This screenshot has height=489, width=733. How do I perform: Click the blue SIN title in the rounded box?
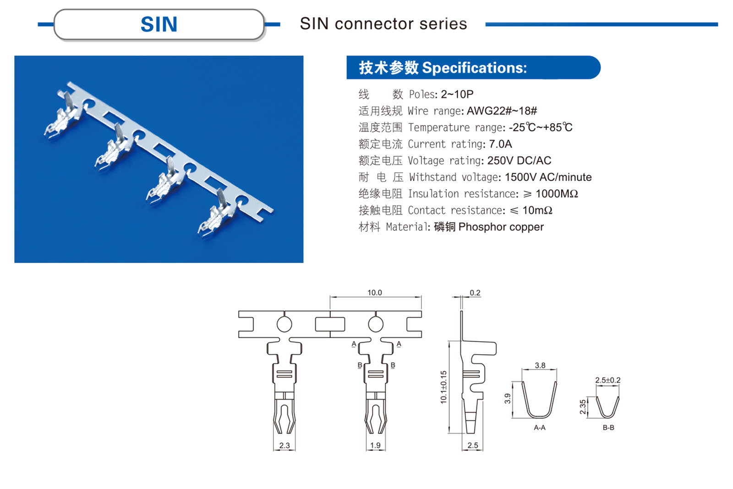159,24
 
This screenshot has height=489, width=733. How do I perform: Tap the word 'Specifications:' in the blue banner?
474,68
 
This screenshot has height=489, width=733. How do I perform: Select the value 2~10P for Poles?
457,94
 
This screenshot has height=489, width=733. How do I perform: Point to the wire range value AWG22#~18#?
502,111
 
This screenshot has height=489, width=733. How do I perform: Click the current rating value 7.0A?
500,144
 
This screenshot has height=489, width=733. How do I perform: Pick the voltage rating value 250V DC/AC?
519,160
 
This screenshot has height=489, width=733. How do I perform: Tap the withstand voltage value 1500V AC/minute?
548,177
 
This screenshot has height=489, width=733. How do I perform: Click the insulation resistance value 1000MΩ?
557,194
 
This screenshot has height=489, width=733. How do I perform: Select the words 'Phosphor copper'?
501,227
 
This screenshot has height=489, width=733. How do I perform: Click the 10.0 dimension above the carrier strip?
374,292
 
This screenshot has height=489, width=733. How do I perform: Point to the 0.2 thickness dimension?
475,293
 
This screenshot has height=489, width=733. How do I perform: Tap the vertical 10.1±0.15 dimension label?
443,387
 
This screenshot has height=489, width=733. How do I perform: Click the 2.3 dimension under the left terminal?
284,445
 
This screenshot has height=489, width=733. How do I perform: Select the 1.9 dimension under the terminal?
375,445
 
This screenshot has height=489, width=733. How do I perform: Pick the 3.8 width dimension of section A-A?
540,365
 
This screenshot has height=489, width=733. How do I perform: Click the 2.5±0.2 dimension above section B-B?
607,380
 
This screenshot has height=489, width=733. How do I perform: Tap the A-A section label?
540,428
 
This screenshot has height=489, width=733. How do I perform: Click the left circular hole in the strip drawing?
284,324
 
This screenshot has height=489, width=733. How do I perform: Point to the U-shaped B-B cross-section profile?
607,408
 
